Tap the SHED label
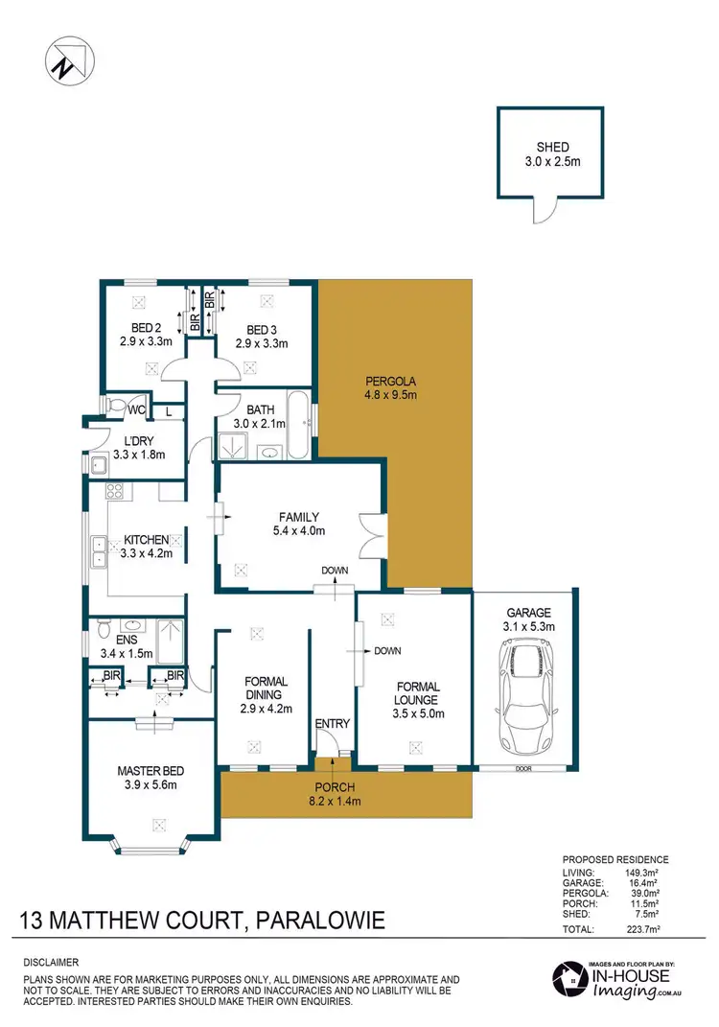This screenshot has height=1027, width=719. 552,148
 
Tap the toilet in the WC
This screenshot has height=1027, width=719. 114,408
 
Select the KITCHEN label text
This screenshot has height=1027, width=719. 146,540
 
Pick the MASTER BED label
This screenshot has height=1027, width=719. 151,771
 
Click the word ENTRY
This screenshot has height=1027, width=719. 333,724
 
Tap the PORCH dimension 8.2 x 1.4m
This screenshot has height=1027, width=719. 332,802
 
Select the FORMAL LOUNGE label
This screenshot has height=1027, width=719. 415,694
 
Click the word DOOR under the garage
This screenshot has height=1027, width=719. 522,769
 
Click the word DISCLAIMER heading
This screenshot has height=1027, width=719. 51,962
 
